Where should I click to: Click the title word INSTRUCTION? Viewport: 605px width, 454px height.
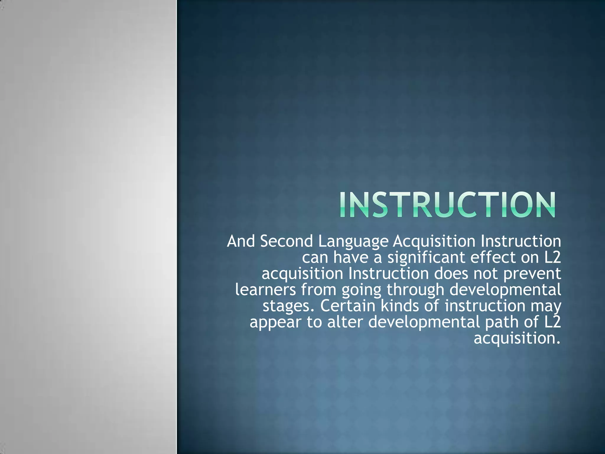point(447,205)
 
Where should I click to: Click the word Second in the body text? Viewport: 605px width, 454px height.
point(286,241)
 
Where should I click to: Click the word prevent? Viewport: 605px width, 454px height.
point(532,274)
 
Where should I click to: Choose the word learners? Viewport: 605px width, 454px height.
point(266,290)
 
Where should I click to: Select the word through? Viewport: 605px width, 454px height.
point(415,290)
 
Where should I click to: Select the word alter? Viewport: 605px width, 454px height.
point(344,322)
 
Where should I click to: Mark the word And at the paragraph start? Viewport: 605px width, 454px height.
point(241,241)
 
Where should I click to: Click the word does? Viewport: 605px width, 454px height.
point(451,274)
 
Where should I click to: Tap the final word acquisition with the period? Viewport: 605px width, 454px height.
point(517,339)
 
